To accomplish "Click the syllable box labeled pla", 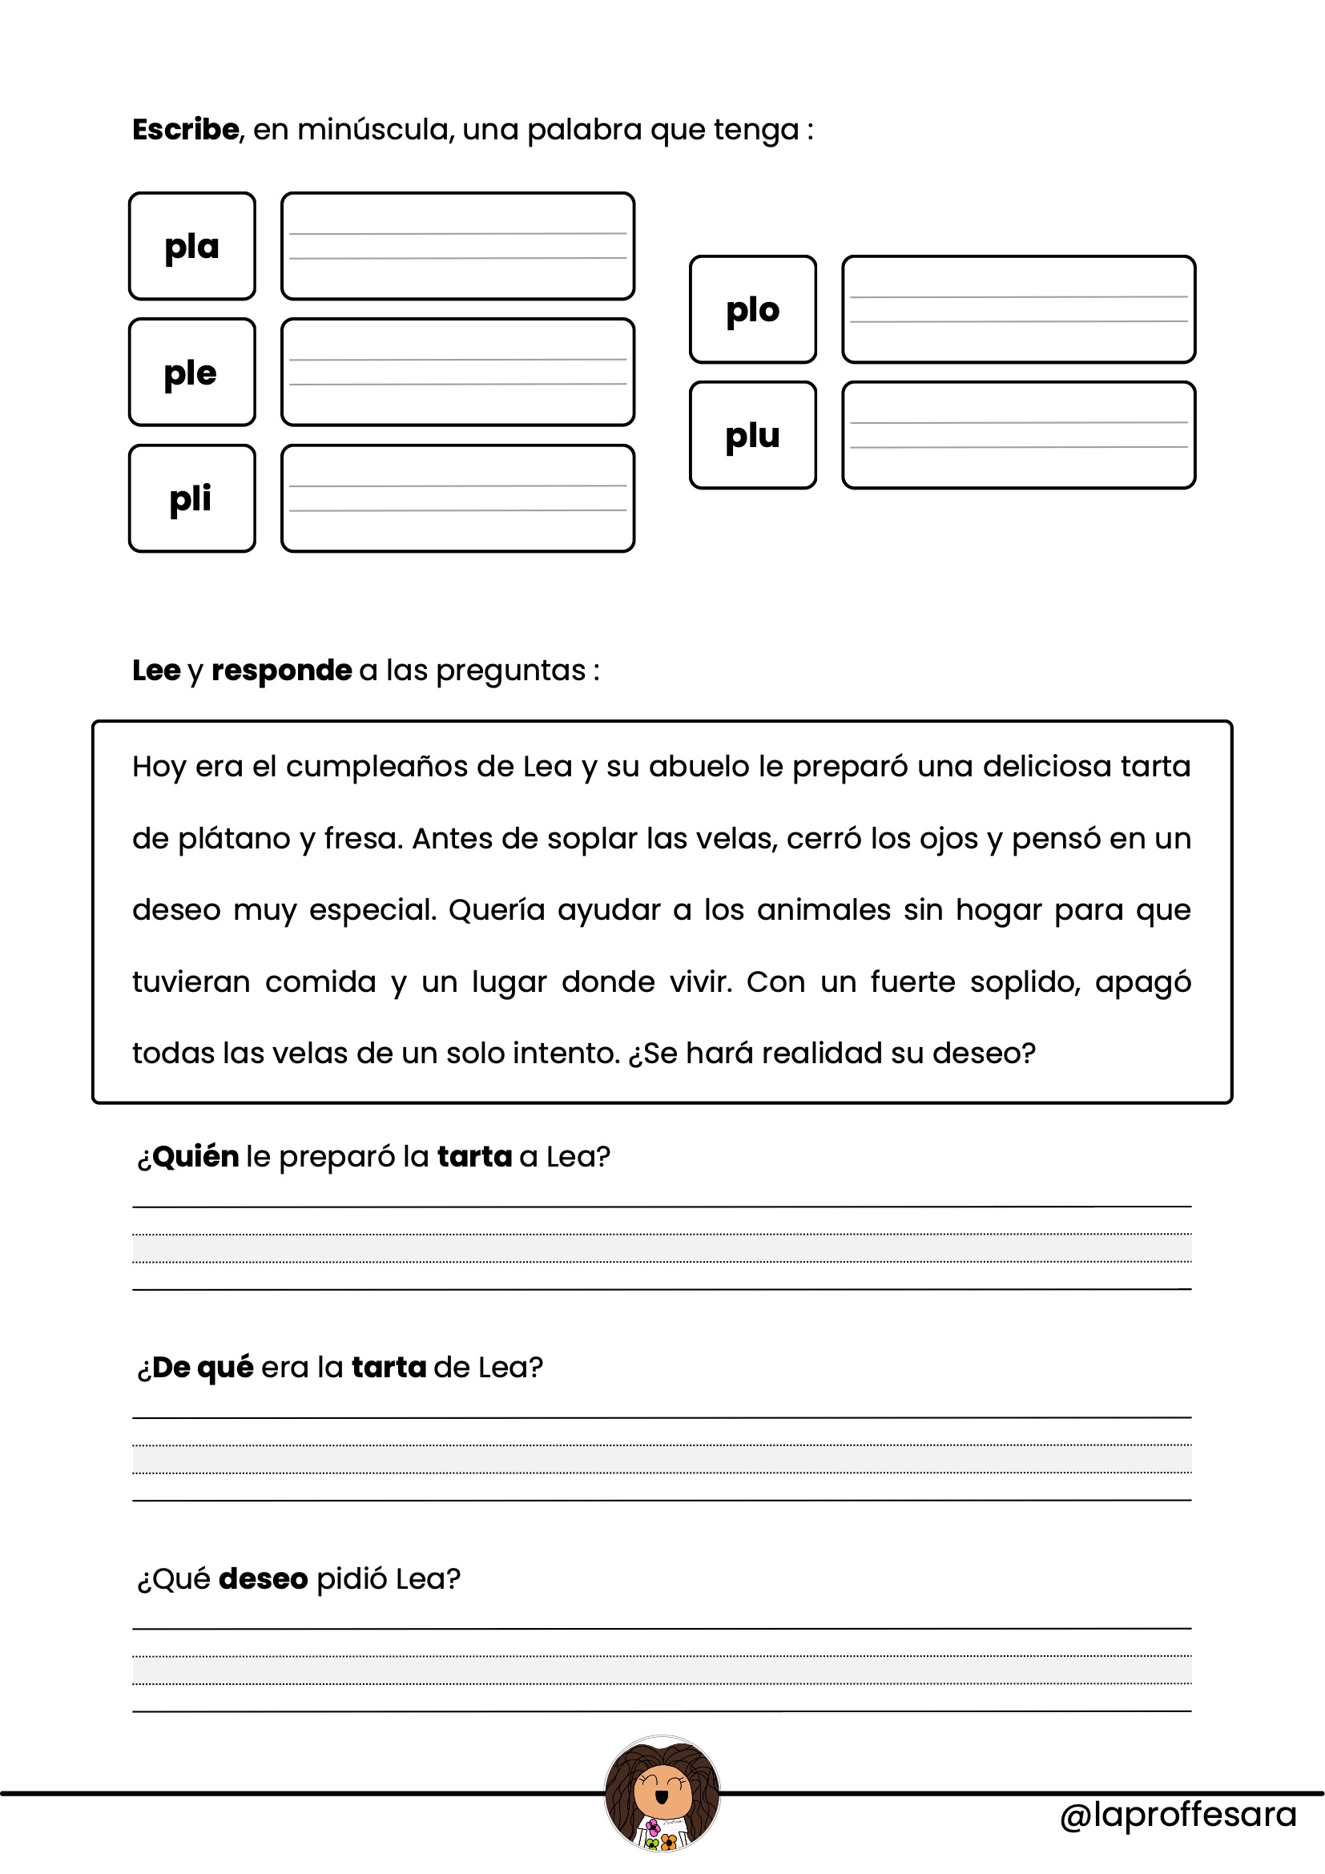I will tap(191, 247).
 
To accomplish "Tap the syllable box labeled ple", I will tap(191, 373).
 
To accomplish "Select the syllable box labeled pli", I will tap(191, 498).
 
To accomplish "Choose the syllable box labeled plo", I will tap(752, 309).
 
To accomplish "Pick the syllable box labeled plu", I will tap(752, 435).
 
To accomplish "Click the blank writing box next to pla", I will tap(457, 247).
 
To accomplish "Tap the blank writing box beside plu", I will tap(1018, 435).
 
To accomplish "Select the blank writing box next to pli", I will tap(457, 498).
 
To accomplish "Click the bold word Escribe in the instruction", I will tap(185, 130).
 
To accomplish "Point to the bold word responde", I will tap(281, 670).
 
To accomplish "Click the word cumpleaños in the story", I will tap(377, 768).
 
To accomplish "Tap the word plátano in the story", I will tap(234, 839).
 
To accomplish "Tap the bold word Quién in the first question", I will tap(195, 1157).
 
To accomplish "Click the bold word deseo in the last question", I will tap(263, 1578).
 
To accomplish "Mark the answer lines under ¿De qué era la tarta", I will tap(662, 1458).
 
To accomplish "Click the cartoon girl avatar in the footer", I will tap(662, 1793).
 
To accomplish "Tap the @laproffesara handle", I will tap(1178, 1816).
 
